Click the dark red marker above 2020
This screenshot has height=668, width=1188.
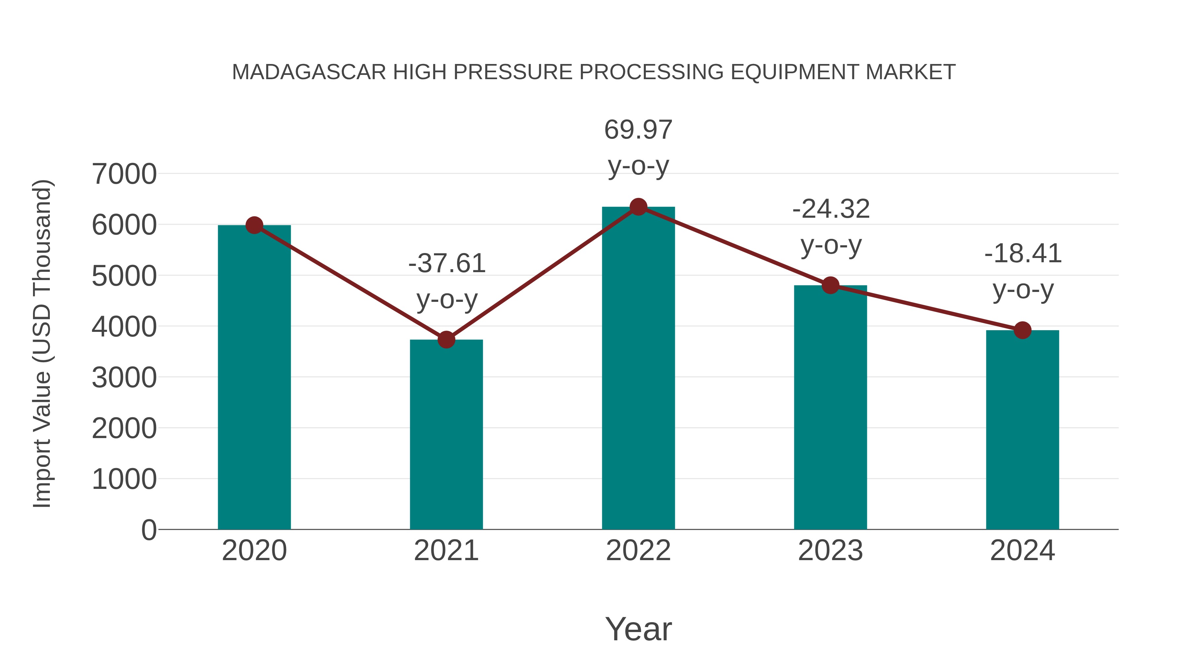tap(254, 225)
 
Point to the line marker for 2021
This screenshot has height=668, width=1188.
tap(446, 340)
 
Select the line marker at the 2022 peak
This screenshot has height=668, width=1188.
tap(638, 207)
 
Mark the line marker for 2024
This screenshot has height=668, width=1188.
tap(1022, 330)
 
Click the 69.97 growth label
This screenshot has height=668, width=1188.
tap(638, 130)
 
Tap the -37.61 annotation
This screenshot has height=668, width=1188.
tap(446, 264)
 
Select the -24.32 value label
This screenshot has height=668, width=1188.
tap(831, 209)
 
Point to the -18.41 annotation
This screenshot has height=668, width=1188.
tap(1023, 254)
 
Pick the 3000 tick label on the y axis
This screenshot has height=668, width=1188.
tap(124, 378)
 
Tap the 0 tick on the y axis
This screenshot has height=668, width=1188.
tap(148, 530)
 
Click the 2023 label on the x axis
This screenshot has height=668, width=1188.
tap(830, 551)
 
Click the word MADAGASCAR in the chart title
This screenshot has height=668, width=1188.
tap(309, 72)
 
